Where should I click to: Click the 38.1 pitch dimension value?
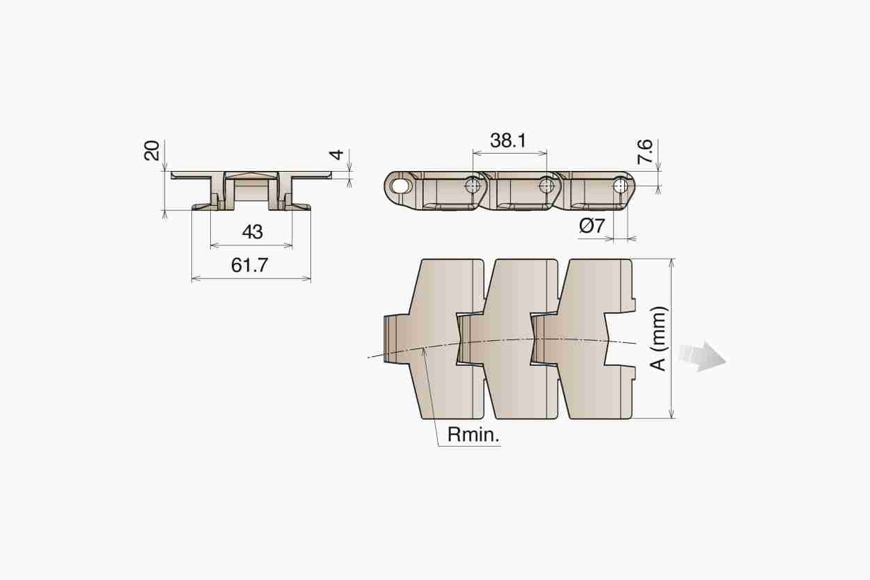[508, 141]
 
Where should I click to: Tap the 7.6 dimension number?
[645, 152]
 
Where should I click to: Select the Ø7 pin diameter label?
[592, 225]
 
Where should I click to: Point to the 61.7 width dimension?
[249, 265]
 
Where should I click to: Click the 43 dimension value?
[252, 232]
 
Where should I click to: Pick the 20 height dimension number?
[152, 151]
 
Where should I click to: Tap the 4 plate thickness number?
[336, 154]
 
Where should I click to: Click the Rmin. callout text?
[473, 435]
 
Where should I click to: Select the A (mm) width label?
[659, 339]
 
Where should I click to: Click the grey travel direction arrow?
[703, 357]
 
